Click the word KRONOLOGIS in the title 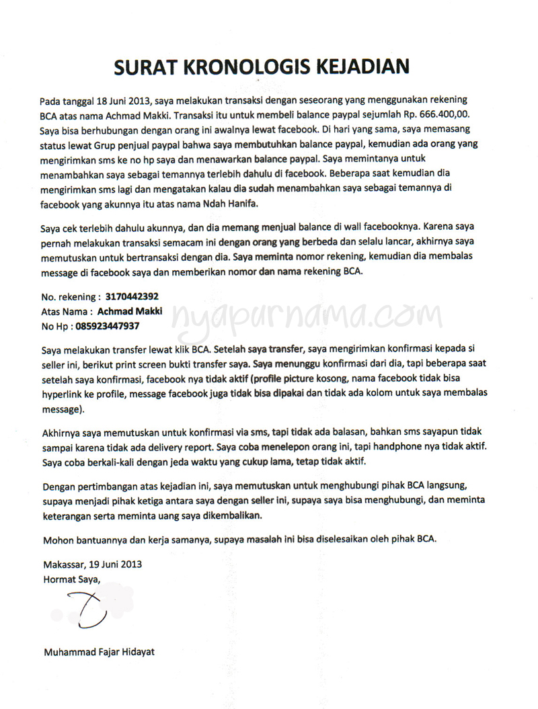[x=254, y=67]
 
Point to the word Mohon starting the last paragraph [x=59, y=539]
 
